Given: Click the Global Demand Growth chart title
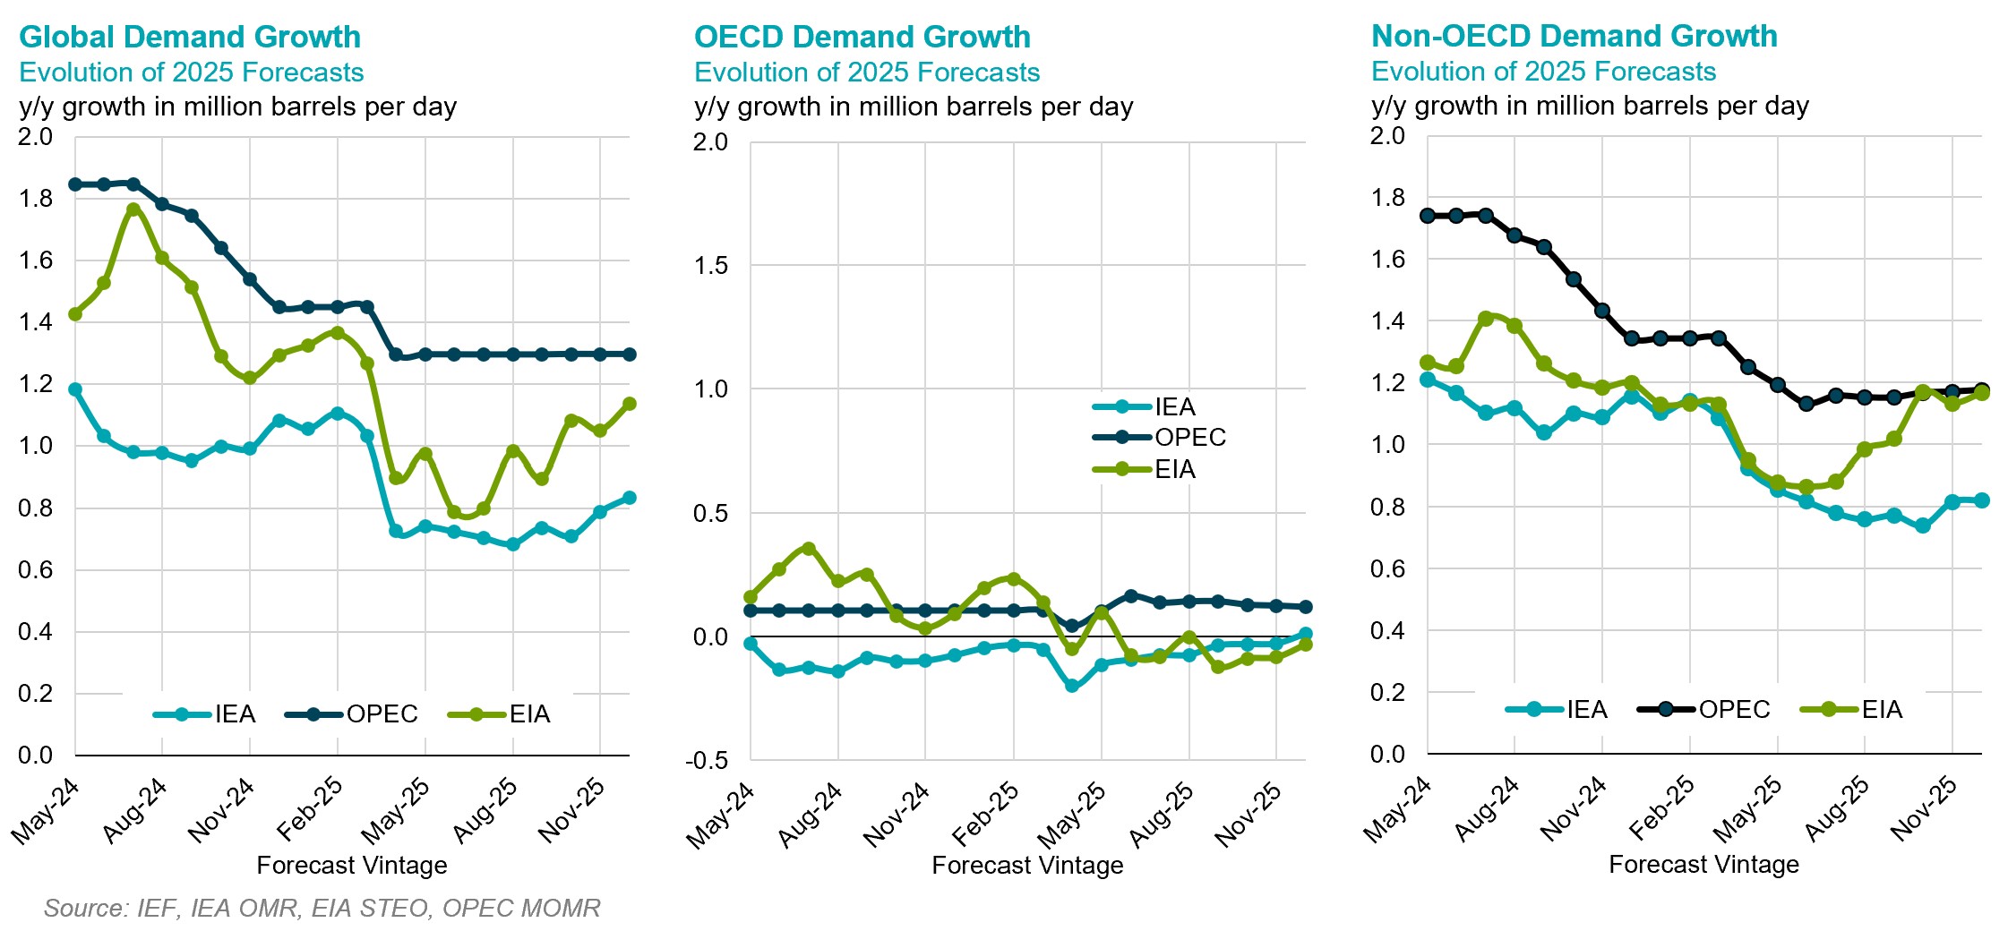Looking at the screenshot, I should coord(189,37).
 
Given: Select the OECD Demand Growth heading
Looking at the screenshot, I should coord(862,37).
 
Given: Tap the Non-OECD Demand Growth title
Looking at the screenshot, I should coord(1574,36).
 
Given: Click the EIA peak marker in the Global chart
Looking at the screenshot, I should coord(133,209).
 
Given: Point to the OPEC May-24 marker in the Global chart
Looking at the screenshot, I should coord(75,184).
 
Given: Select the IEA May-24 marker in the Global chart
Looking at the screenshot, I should coord(75,389).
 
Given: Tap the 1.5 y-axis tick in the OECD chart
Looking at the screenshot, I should coord(711,265).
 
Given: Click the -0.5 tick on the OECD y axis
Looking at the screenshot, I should coord(707,760).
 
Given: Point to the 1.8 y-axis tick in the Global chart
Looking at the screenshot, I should coord(35,199).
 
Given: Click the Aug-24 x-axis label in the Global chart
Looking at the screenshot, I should coord(135,810).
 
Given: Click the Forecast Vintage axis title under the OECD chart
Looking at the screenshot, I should coord(1026,865).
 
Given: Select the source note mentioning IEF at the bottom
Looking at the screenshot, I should coord(322,908).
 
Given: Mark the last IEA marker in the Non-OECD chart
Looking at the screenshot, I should coord(1981,500).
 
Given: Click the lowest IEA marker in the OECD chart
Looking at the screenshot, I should coord(1072,686).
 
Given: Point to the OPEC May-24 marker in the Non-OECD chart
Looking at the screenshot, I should coord(1428,216).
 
